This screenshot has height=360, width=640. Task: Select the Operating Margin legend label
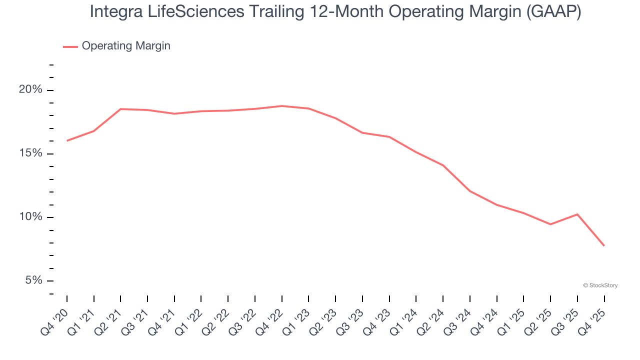(126, 46)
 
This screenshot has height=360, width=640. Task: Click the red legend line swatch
(70, 46)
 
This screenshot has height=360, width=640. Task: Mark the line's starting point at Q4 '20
(67, 140)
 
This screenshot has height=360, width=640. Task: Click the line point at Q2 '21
(120, 109)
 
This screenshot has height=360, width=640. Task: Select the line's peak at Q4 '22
(282, 106)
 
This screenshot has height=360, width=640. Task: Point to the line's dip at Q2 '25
(550, 224)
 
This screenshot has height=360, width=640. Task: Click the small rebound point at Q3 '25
(577, 214)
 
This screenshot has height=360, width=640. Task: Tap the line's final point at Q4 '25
(604, 245)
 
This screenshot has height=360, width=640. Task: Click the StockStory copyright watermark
(600, 285)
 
